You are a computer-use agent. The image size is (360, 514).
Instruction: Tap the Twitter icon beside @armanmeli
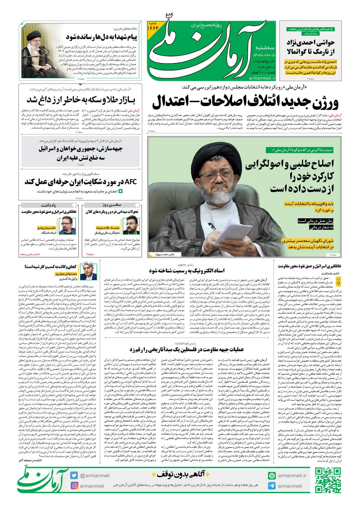[74, 475]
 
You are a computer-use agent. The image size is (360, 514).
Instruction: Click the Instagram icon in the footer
[74, 486]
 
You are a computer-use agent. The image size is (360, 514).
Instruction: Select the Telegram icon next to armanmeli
[272, 486]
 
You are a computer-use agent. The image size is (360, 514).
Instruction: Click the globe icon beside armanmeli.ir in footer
[272, 475]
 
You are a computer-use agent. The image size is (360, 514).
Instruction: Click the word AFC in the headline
[130, 182]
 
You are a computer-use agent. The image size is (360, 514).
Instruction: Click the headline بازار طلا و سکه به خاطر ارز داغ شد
[81, 100]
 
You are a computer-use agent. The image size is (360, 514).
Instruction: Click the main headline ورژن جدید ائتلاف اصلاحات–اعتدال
[245, 102]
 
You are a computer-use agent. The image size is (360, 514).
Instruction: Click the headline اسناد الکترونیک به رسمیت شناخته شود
[187, 270]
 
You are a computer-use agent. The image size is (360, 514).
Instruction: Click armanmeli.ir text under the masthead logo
[262, 78]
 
